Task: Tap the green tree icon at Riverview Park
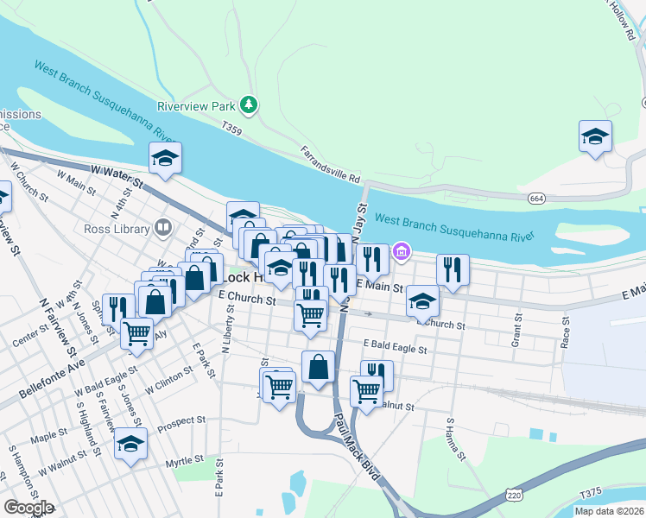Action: point(249,104)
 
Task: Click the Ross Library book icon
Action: point(162,228)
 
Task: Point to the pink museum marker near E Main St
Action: point(401,252)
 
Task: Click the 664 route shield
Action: point(537,199)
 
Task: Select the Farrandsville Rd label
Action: point(329,163)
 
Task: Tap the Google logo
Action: point(28,508)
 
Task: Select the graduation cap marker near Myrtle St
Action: point(130,445)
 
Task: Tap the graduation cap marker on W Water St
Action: point(164,157)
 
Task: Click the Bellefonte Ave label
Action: point(54,386)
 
